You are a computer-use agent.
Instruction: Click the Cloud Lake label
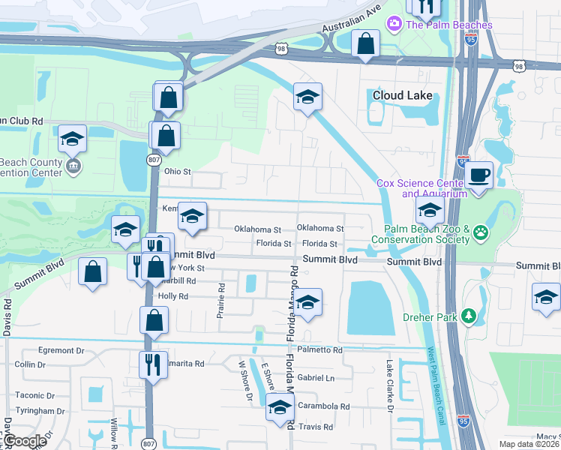point(403,95)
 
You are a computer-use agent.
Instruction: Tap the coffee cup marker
point(478,176)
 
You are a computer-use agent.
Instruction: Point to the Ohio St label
point(178,171)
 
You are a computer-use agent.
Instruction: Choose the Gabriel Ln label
point(315,378)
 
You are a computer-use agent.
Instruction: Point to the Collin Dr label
point(30,364)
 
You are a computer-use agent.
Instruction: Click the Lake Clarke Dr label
point(390,385)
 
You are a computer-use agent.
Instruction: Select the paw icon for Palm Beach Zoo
point(480,234)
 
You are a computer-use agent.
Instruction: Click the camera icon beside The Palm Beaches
point(393,25)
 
